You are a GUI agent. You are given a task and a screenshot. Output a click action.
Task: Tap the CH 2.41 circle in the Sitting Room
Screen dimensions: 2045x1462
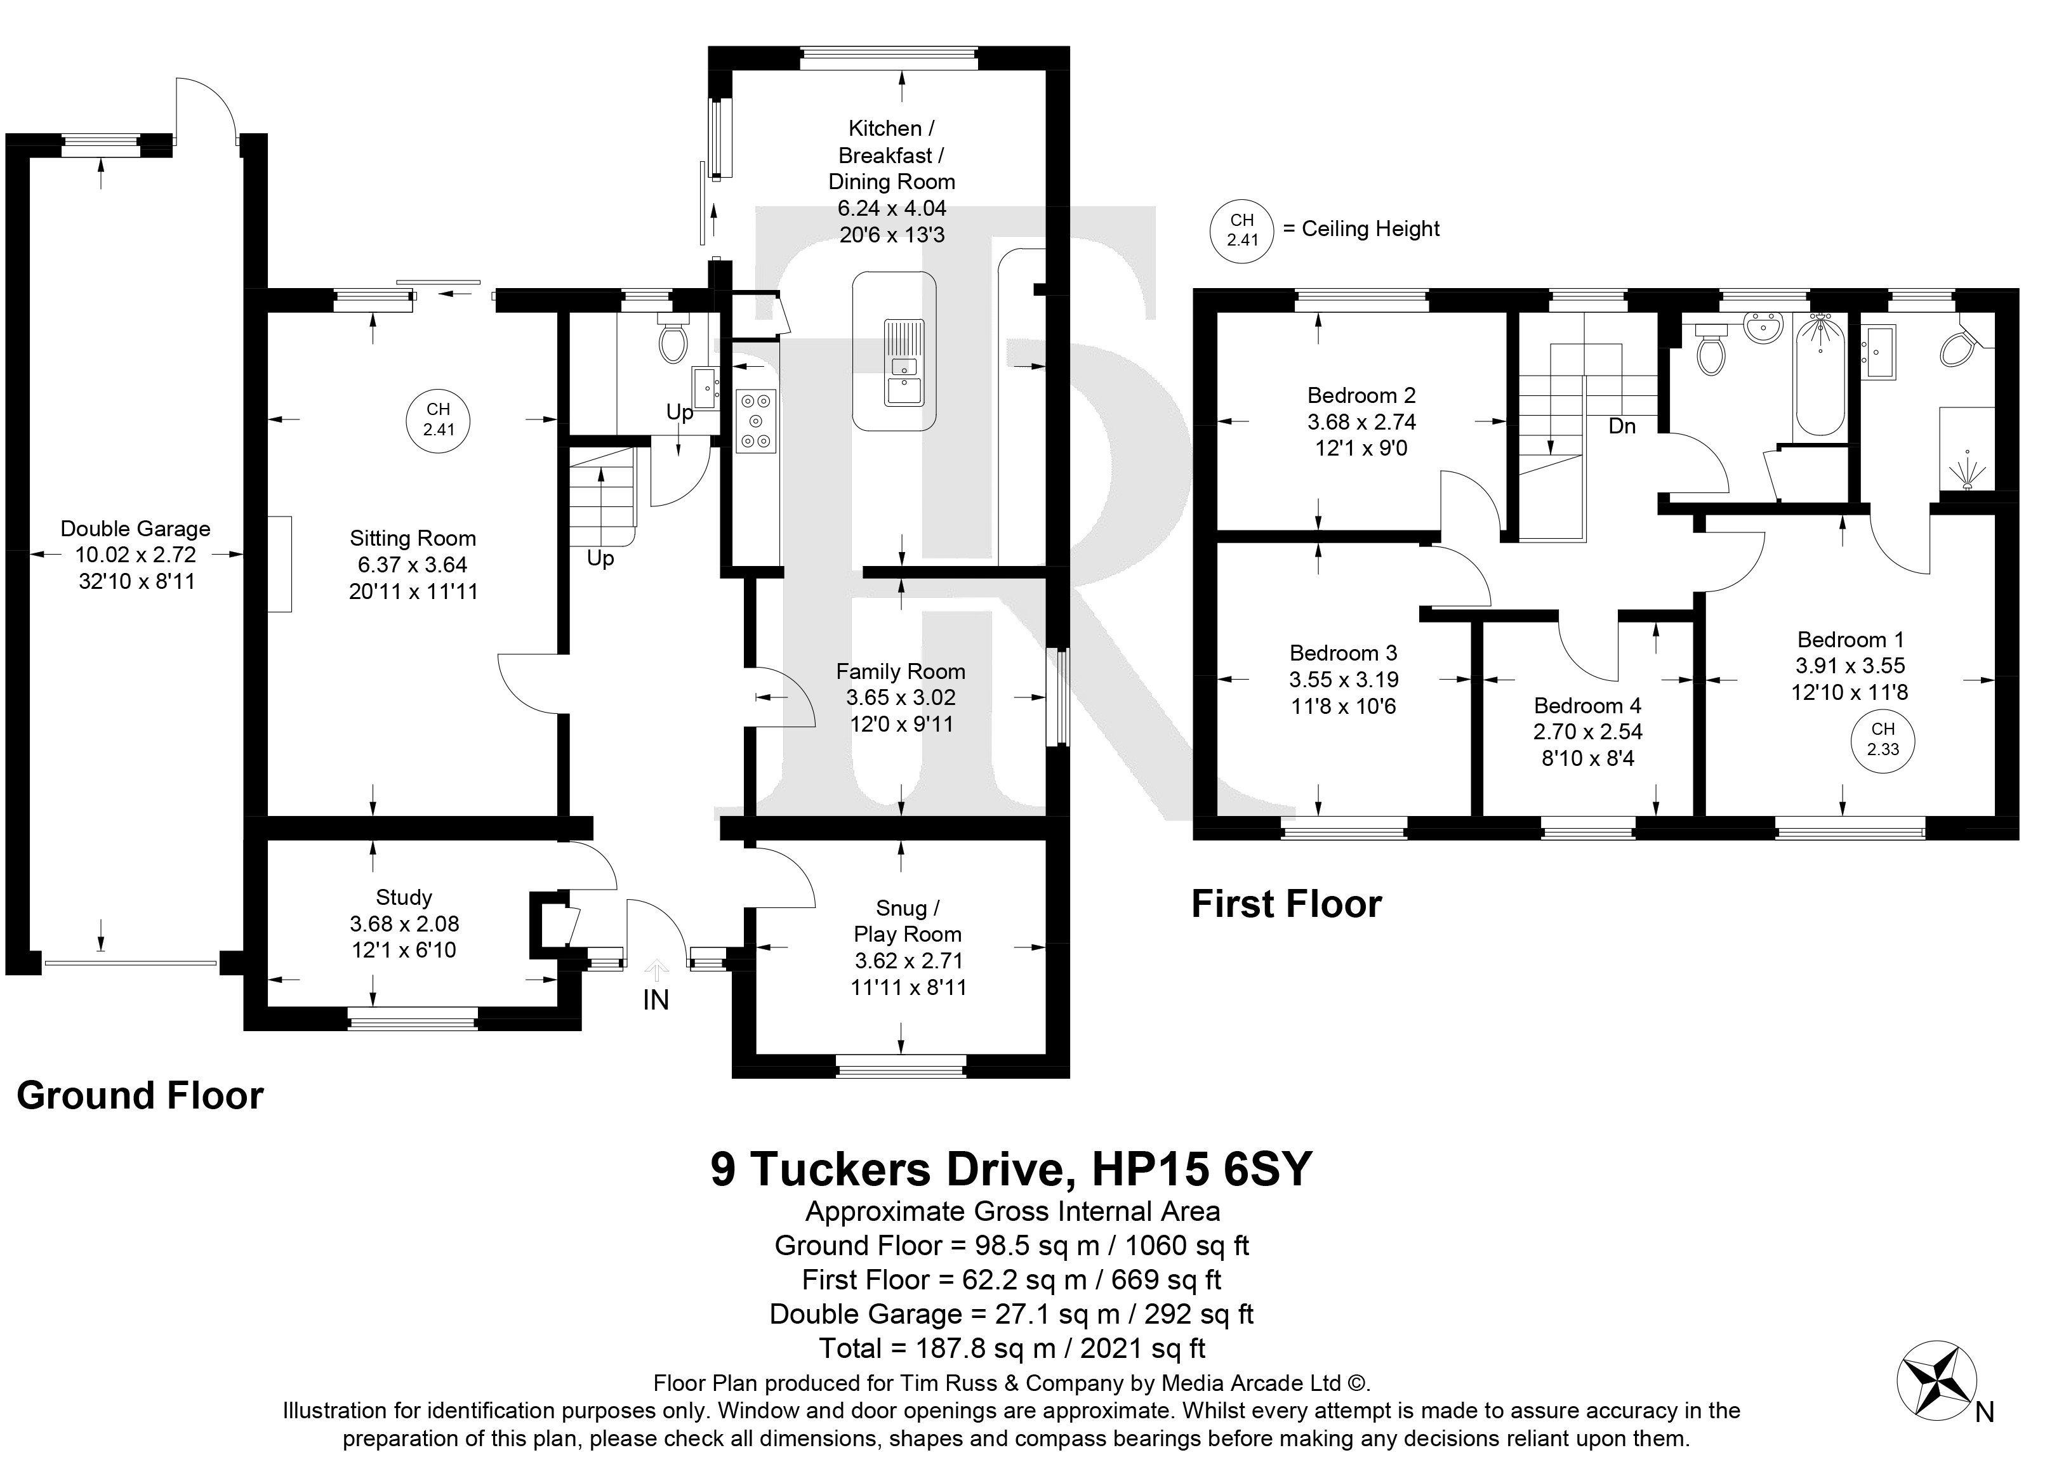coord(439,421)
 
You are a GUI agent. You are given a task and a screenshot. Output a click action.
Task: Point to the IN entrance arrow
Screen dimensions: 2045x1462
coord(656,970)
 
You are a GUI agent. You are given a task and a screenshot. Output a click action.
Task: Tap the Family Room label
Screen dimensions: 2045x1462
coord(901,671)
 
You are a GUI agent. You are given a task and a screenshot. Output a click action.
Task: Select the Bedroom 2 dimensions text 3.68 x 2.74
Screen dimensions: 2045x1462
coord(1361,422)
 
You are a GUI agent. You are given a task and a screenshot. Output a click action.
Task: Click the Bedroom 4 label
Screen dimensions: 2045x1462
coord(1587,705)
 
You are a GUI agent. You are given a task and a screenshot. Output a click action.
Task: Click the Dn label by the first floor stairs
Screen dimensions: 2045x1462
coord(1622,426)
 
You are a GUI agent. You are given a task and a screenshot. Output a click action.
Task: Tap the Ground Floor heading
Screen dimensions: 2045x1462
coord(140,1096)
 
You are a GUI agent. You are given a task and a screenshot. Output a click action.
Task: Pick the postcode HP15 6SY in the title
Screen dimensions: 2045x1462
coord(1202,1169)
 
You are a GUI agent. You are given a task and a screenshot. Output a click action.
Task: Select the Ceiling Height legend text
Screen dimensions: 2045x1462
coord(1370,228)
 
